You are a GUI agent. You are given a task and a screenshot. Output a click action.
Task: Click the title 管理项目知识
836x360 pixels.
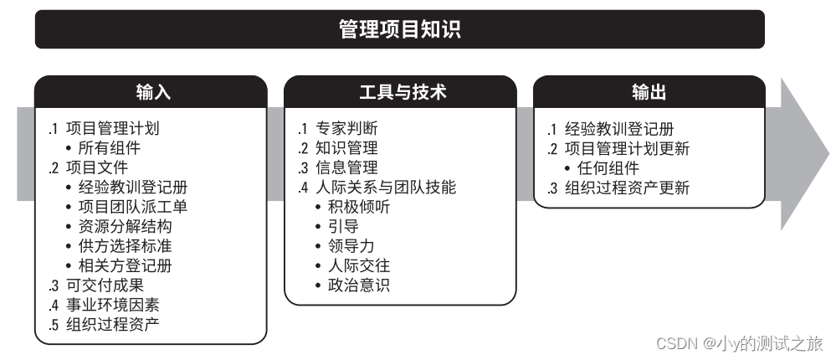[x=399, y=30]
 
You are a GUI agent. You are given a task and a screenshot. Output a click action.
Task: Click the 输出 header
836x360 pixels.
[x=649, y=92]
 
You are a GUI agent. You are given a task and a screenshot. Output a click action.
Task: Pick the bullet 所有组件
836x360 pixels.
[x=109, y=149]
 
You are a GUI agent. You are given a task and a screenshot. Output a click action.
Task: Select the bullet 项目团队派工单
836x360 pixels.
[x=132, y=207]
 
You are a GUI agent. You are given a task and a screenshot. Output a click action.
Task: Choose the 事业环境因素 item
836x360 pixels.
[x=114, y=304]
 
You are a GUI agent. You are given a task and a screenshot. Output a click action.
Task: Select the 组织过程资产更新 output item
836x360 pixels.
[x=627, y=188]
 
